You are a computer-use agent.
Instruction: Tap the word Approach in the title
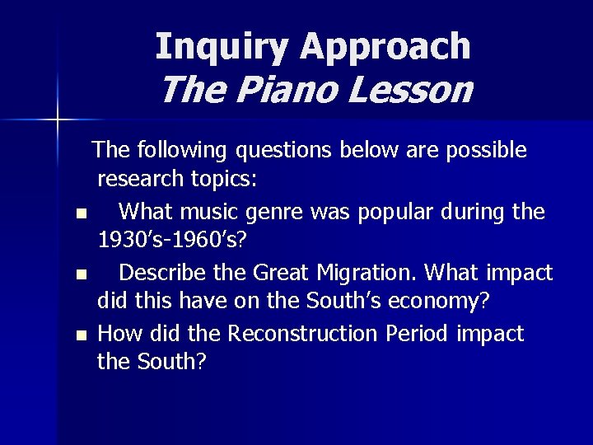386,48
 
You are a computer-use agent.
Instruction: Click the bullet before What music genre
80,214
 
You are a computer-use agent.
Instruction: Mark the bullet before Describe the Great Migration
80,274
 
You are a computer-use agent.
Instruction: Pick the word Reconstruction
334,333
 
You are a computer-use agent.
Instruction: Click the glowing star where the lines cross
58,121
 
